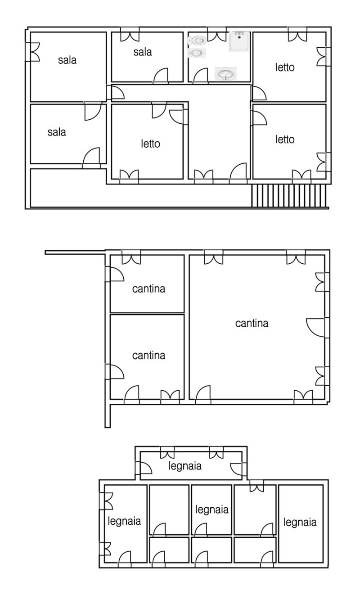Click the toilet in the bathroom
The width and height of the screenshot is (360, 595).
point(197,41)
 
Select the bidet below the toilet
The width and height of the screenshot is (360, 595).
point(197,53)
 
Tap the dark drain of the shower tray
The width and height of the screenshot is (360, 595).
point(239,37)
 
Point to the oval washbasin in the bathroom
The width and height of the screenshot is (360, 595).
point(226,73)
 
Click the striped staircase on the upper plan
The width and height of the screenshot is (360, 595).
point(289,195)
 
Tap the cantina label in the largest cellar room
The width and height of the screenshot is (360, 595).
point(252,323)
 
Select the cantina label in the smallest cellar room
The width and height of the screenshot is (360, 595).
point(148,289)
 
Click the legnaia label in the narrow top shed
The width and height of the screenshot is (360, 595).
point(185,466)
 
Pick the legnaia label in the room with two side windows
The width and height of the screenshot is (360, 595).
point(124,521)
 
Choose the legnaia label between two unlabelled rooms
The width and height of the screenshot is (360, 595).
point(212,510)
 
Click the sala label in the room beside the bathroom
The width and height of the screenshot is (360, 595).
point(143,52)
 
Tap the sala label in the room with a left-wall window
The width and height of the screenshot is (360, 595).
point(67,60)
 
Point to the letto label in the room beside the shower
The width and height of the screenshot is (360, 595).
point(285,68)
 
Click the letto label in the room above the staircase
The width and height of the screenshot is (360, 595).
point(285,140)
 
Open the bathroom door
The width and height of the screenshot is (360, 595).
point(200,76)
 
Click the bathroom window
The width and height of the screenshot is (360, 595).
point(216,34)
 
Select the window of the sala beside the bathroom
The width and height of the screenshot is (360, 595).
point(130,34)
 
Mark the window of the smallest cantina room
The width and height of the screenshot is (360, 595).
point(131,257)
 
